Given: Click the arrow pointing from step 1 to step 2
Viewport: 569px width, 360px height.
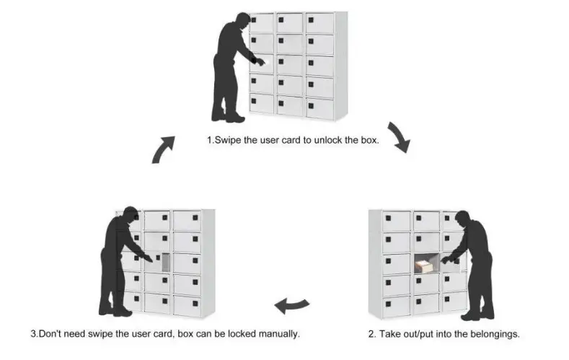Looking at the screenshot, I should click(x=398, y=137).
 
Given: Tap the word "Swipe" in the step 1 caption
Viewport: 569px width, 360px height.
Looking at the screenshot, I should click(x=227, y=140).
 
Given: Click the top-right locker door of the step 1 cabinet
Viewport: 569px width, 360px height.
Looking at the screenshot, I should click(x=319, y=23).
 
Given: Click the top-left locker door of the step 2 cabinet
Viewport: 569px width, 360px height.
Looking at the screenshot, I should click(x=396, y=220).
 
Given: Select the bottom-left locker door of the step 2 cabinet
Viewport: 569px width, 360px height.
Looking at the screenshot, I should click(x=396, y=305).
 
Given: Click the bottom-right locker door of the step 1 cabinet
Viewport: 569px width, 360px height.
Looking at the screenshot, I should click(x=319, y=108).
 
